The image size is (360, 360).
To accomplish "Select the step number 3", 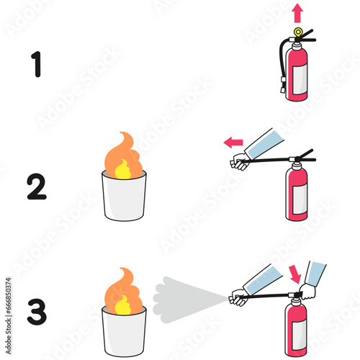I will [x=36, y=311].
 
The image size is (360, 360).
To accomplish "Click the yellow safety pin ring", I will [x=298, y=32].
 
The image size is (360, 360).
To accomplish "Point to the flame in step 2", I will [x=124, y=157].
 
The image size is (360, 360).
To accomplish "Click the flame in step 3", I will [x=124, y=292].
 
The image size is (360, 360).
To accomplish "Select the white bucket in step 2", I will [x=124, y=197].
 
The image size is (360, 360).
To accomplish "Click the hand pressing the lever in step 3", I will [x=307, y=290].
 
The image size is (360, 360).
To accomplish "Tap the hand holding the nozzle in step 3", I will [x=238, y=296].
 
